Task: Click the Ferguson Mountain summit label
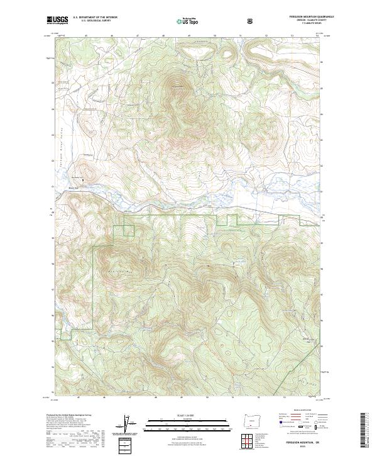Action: (178, 86)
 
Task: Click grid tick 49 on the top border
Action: (188, 36)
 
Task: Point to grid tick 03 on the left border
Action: (55, 108)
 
